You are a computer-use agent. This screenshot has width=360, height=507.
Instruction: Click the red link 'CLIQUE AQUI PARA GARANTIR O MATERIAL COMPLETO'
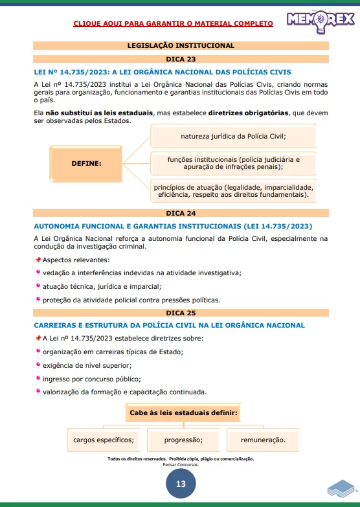tap(173, 23)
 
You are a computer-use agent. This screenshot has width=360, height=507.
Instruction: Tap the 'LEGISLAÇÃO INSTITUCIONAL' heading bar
tap(181, 45)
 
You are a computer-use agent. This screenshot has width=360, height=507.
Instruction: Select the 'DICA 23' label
tap(181, 59)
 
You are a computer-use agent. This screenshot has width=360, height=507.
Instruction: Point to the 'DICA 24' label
tap(181, 213)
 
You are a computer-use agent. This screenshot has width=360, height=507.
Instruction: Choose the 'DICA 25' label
tap(181, 312)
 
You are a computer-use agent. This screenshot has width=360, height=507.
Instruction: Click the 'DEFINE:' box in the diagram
tap(87, 163)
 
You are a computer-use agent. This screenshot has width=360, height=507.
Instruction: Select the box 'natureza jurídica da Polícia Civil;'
tap(233, 136)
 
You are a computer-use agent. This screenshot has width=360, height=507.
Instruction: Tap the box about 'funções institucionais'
tap(233, 163)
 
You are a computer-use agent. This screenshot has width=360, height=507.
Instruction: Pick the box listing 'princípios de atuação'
tap(233, 190)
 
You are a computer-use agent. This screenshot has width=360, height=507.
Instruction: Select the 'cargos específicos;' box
tap(104, 440)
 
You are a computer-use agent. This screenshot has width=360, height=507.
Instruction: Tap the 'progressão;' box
tap(183, 440)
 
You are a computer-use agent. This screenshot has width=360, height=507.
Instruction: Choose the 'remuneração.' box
tap(263, 440)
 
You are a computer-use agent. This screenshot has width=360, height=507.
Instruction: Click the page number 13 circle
tap(181, 484)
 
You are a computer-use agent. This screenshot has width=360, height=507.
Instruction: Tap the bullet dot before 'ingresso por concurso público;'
tap(38, 377)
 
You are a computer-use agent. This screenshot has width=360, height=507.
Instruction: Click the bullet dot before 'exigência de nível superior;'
tap(38, 365)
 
